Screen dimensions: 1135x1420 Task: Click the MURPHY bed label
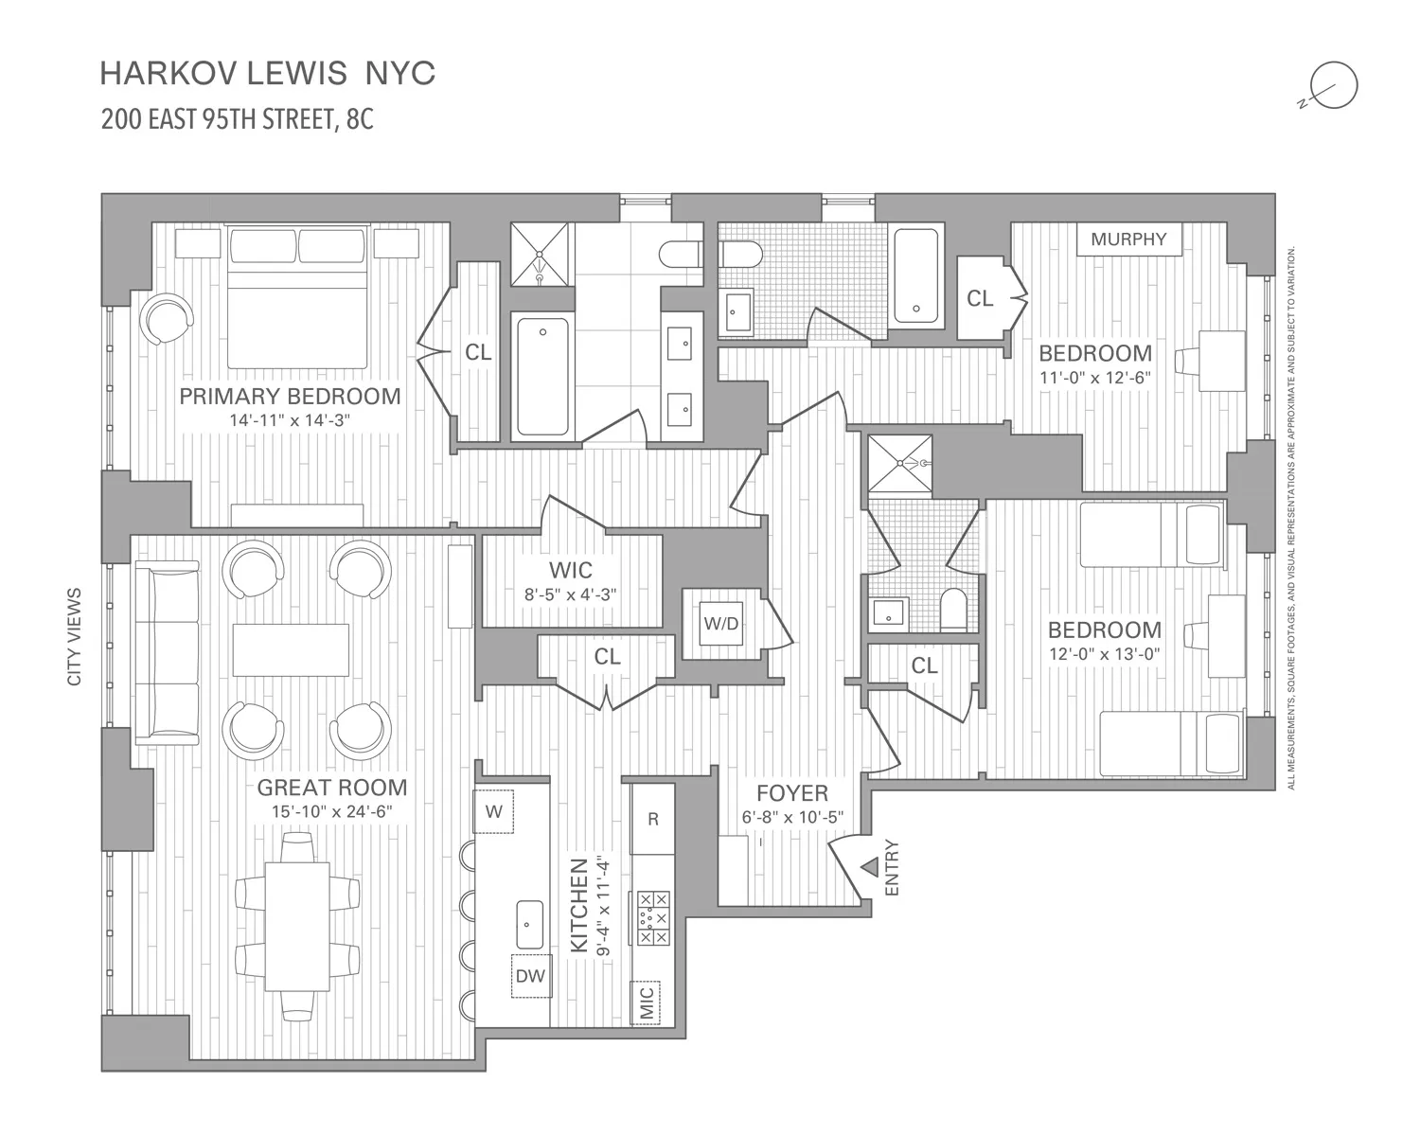pyautogui.click(x=1128, y=239)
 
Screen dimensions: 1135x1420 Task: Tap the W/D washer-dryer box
pyautogui.click(x=720, y=625)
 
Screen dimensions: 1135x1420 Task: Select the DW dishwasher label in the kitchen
pyautogui.click(x=531, y=976)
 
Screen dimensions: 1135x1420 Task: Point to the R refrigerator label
pyautogui.click(x=652, y=819)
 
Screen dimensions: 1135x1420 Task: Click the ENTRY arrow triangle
pyautogui.click(x=868, y=867)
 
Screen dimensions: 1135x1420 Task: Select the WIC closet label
pyautogui.click(x=571, y=570)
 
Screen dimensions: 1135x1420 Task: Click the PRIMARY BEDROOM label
pyautogui.click(x=290, y=396)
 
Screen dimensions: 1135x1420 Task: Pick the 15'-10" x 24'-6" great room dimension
pyautogui.click(x=331, y=811)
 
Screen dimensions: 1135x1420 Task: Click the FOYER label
pyautogui.click(x=792, y=793)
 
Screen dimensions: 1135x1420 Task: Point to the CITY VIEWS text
pyautogui.click(x=75, y=636)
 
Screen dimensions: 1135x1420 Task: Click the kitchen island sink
pyautogui.click(x=529, y=924)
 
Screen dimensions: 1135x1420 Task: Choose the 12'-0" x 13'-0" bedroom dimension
pyautogui.click(x=1104, y=654)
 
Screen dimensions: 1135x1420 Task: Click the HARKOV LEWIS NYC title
pyautogui.click(x=268, y=74)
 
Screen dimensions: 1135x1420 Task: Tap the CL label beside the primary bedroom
pyautogui.click(x=478, y=352)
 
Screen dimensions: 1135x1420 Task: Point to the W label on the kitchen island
pyautogui.click(x=493, y=811)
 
